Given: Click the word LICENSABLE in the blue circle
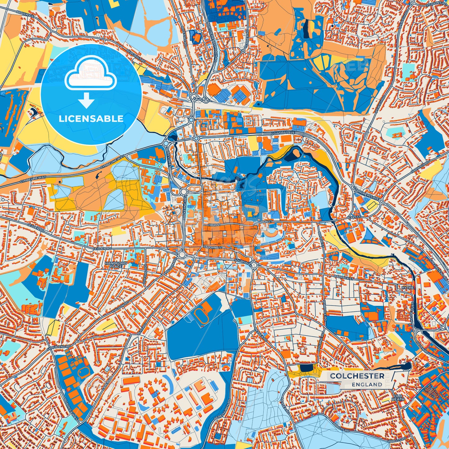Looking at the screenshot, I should coord(91,119).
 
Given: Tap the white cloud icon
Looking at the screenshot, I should coord(90,76).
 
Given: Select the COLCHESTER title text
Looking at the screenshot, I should coord(357,376).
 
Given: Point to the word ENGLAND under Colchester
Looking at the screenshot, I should coord(367,385).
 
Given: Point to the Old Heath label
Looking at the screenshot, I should coord(398,397).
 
